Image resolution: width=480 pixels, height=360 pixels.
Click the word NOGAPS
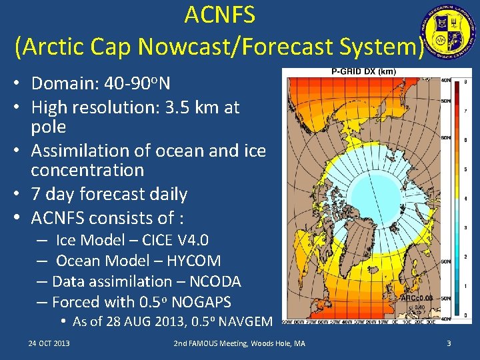point(201,302)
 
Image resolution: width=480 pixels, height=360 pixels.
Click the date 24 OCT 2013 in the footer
point(49,343)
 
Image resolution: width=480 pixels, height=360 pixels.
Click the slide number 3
point(449,343)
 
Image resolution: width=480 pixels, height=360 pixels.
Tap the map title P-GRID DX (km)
point(363,72)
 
